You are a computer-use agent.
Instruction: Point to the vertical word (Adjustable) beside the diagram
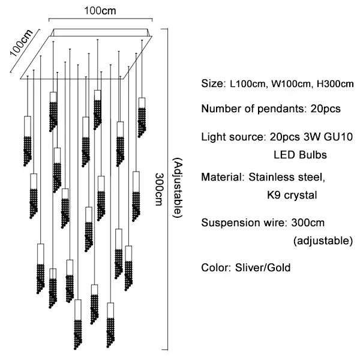pyautogui.click(x=177, y=188)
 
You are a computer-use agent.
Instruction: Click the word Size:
pyautogui.click(x=212, y=83)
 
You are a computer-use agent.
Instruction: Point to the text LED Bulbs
pyautogui.click(x=300, y=155)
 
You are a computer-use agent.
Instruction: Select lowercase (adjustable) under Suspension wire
pyautogui.click(x=322, y=241)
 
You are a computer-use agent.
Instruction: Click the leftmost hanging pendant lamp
pyautogui.click(x=27, y=138)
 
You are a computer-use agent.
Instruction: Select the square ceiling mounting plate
pyautogui.click(x=90, y=54)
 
